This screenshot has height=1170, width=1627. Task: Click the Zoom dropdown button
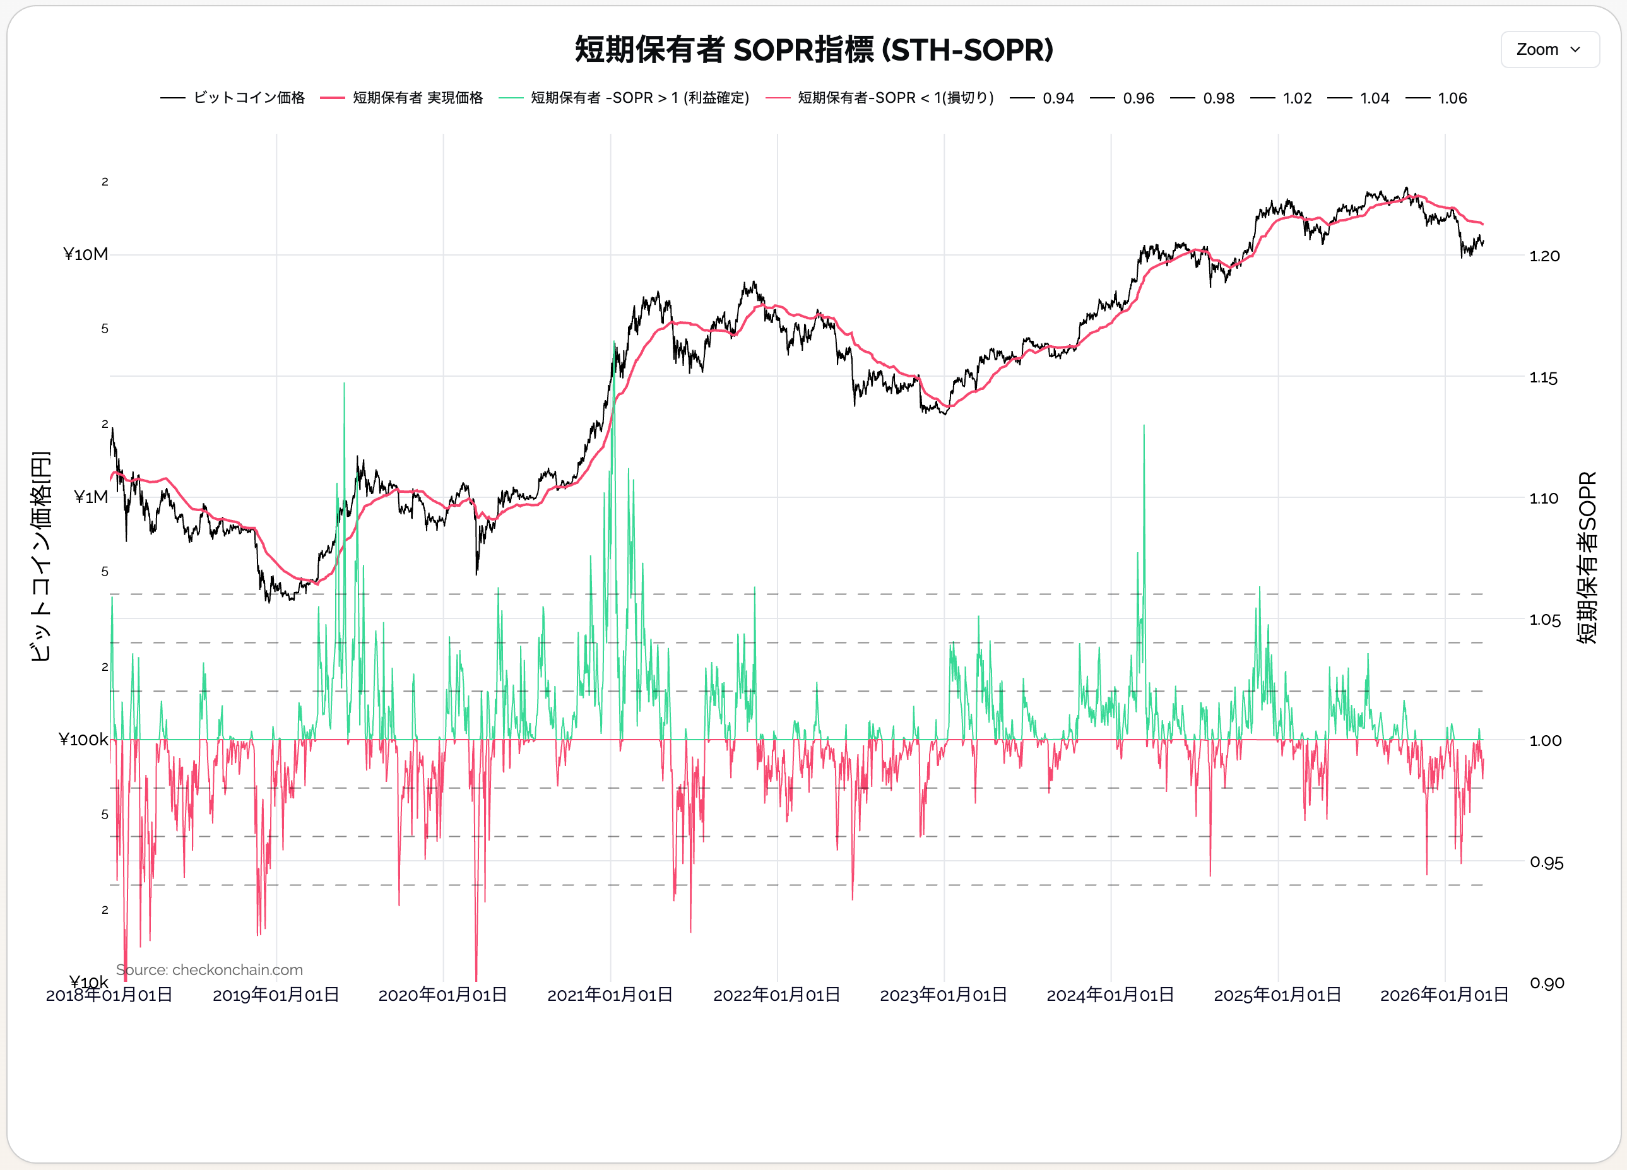pos(1549,49)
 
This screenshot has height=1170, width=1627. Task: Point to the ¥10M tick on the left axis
pos(85,254)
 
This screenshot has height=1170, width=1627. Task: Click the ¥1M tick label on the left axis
pos(90,497)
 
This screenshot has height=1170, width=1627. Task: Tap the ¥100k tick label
pos(83,740)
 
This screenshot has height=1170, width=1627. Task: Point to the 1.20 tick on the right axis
pos(1544,256)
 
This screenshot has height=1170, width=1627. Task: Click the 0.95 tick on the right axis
pos(1546,862)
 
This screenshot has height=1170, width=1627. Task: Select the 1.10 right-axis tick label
pos(1544,499)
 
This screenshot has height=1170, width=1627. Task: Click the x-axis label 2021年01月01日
pos(610,995)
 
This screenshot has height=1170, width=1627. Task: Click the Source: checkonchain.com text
pos(210,970)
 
